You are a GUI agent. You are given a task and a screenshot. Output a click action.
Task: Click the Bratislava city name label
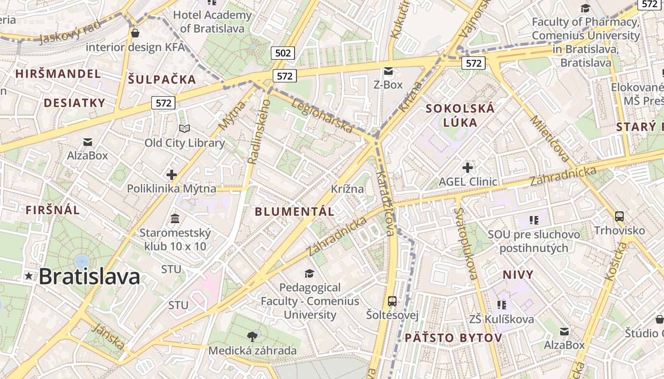click(89, 277)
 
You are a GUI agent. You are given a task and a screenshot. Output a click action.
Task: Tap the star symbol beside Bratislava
click(29, 276)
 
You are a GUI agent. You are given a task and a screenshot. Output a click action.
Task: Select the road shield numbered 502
click(283, 53)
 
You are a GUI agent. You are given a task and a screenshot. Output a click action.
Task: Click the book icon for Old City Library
click(184, 128)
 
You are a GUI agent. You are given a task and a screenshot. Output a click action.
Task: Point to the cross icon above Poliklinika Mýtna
click(172, 175)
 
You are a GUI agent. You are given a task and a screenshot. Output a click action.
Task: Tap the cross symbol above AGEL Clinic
click(468, 167)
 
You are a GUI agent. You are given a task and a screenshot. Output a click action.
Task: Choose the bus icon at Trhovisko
click(619, 217)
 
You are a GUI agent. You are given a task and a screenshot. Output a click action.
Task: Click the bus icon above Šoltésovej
click(392, 301)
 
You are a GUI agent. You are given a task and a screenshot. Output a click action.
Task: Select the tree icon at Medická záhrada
click(252, 337)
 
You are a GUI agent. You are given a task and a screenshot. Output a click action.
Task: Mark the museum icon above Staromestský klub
click(175, 219)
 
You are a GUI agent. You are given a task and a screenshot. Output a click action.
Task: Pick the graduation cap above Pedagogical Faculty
click(309, 273)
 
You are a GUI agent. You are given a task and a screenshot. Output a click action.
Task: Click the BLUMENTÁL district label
click(295, 212)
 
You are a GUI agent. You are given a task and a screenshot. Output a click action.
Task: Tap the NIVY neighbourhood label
click(518, 275)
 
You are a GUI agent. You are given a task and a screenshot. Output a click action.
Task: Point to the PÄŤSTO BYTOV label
click(453, 338)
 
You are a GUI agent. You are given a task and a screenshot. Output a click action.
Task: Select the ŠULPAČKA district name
click(162, 79)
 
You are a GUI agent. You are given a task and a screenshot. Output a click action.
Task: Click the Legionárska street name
click(322, 116)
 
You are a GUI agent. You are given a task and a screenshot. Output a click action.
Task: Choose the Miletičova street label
click(550, 138)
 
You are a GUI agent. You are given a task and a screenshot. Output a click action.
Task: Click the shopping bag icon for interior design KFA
click(135, 33)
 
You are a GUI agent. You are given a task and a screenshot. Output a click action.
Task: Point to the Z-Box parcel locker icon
click(388, 71)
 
